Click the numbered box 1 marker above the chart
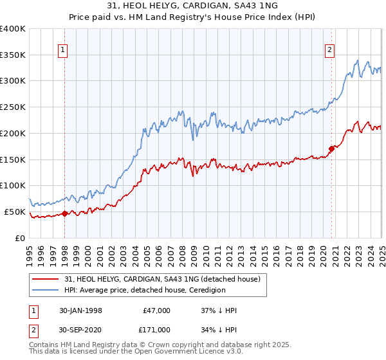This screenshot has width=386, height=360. coord(64,50)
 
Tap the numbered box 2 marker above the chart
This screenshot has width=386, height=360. coord(329,50)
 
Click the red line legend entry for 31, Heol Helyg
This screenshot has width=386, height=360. coord(161,279)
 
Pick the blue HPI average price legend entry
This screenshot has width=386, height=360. coord(144,290)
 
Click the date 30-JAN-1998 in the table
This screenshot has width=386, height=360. coord(80,310)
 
